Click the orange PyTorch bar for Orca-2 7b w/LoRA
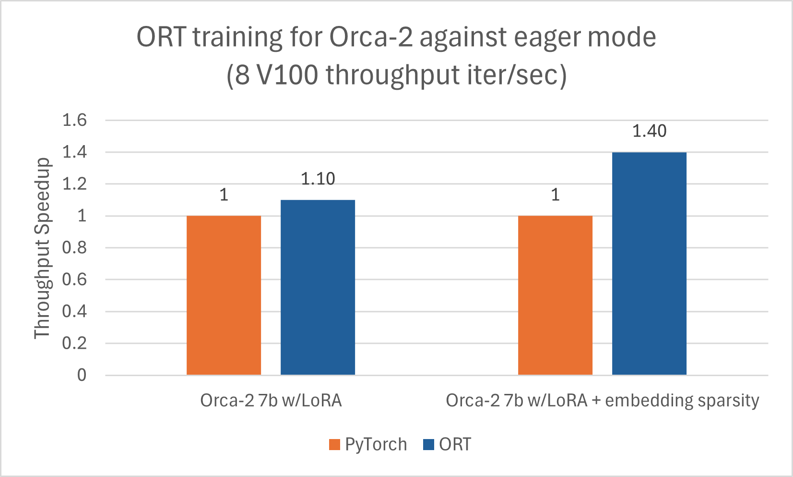click(224, 295)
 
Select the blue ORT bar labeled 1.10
click(318, 287)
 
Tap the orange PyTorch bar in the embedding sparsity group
click(555, 295)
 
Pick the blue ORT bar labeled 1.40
click(649, 263)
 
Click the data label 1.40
click(649, 131)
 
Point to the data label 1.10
click(318, 179)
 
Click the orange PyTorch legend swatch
click(334, 445)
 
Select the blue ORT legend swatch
click(428, 445)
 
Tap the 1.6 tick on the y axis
click(74, 120)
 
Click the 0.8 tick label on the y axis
click(74, 248)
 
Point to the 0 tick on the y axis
click(82, 375)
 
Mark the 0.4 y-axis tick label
click(74, 311)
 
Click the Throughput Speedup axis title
click(42, 248)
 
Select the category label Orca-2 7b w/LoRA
click(271, 401)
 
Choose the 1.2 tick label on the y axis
click(74, 184)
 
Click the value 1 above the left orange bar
click(224, 195)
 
